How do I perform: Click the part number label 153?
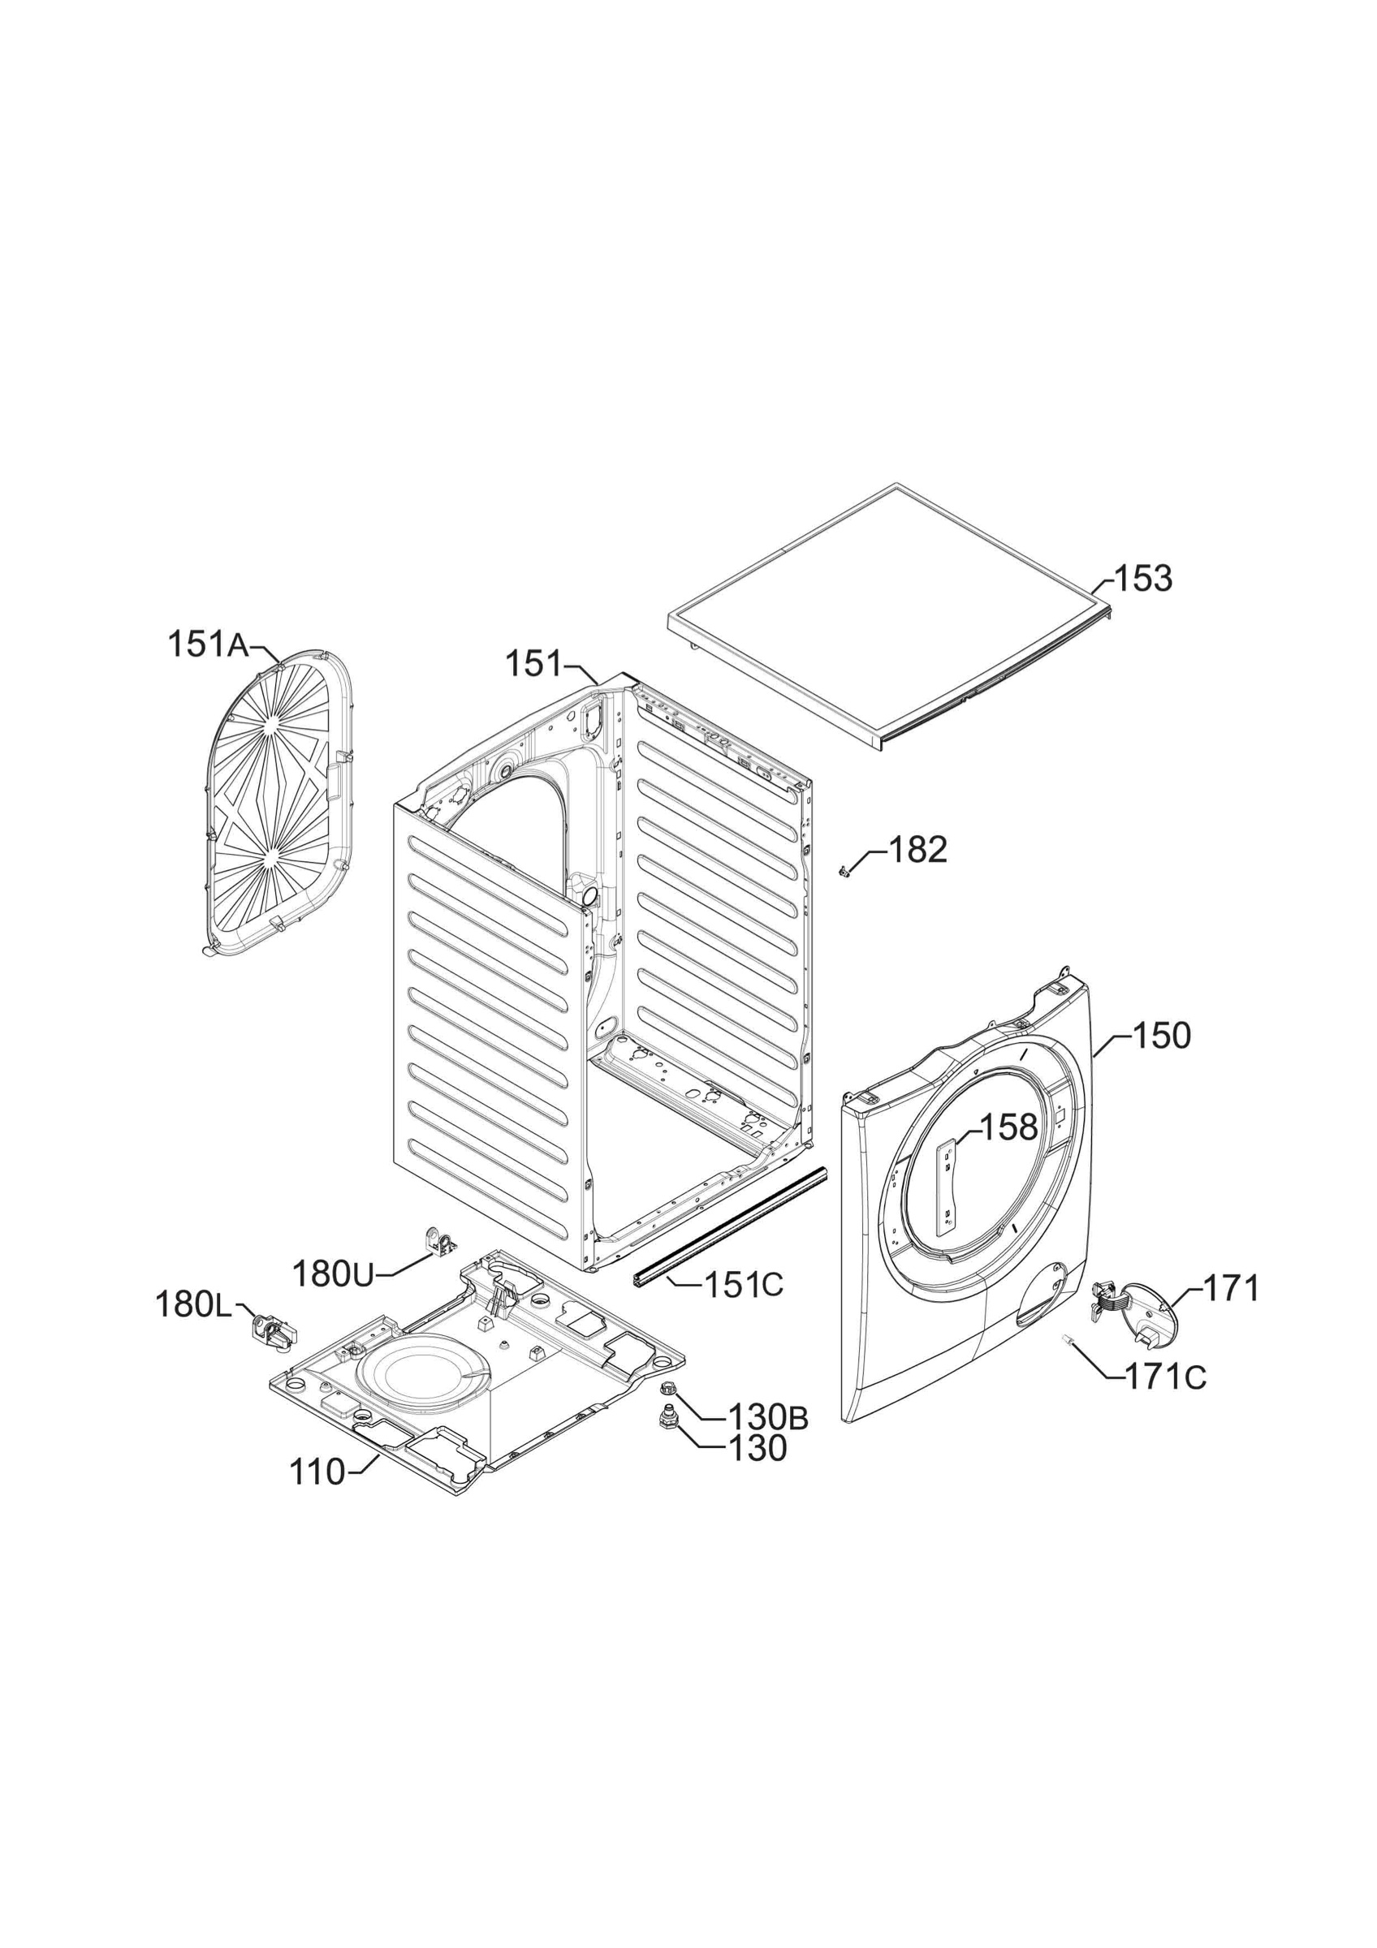[1143, 580]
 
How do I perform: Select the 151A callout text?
[208, 644]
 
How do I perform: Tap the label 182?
[917, 849]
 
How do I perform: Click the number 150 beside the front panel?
[1162, 1036]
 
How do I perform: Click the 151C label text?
[744, 1286]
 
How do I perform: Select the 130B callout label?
[768, 1417]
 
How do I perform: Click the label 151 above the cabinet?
[533, 663]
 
